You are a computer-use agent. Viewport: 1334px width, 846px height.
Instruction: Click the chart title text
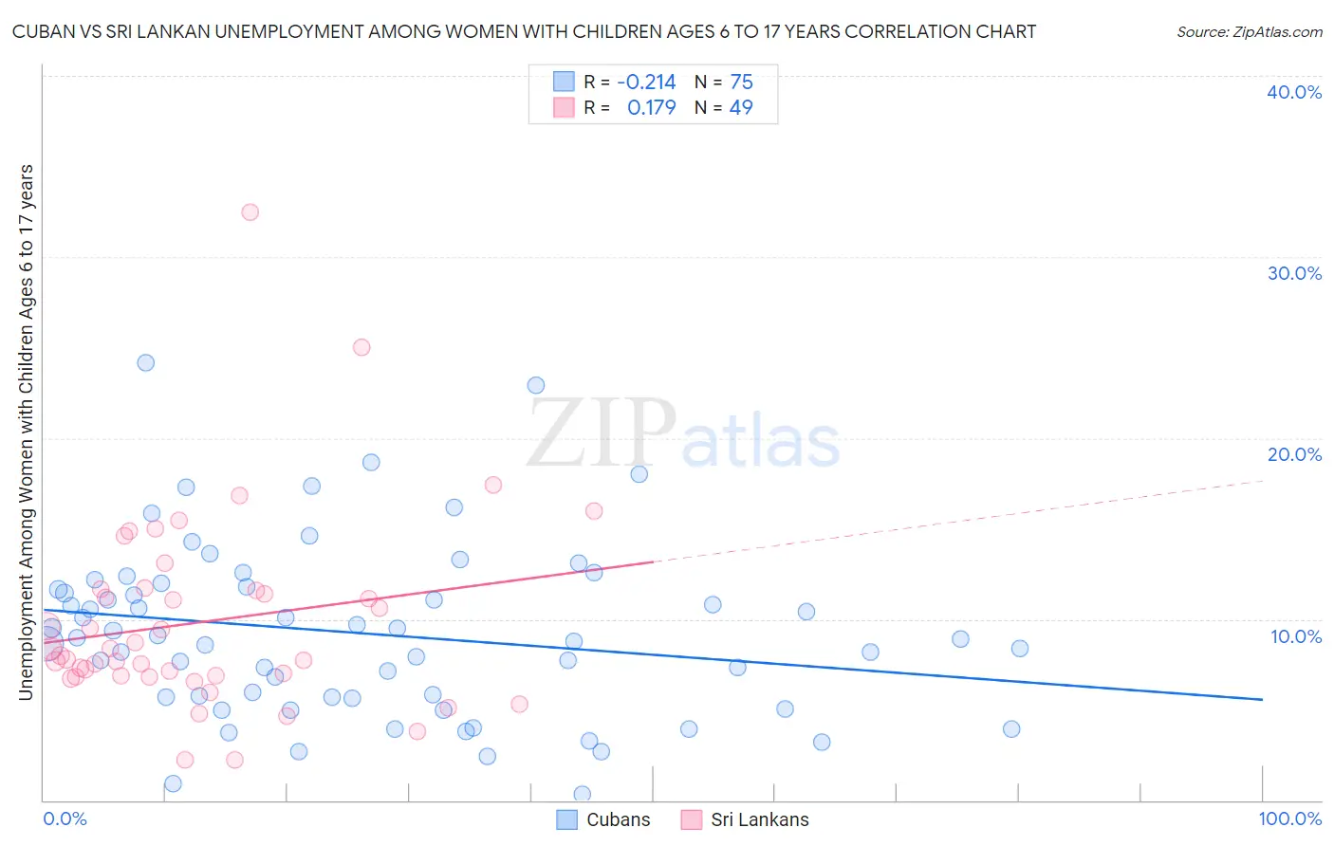tap(524, 32)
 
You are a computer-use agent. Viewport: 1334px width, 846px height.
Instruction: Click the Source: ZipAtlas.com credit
tap(1249, 32)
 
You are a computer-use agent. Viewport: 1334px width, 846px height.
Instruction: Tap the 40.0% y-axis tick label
tap(1294, 92)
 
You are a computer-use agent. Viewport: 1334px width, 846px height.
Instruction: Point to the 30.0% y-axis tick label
tap(1294, 273)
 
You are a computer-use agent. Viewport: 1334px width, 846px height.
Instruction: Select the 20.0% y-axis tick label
tap(1294, 454)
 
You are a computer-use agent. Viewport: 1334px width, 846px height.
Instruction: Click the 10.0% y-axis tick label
tap(1296, 636)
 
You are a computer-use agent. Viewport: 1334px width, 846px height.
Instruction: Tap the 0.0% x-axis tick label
tap(65, 818)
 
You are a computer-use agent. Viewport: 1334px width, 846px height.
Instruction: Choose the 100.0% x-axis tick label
tap(1289, 818)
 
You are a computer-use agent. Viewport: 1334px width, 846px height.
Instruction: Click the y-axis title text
tap(26, 432)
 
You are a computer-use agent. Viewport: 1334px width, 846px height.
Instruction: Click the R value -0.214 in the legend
tap(646, 83)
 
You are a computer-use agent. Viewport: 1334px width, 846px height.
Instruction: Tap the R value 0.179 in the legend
tap(651, 108)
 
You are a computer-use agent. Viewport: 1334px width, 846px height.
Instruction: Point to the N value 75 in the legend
tap(741, 83)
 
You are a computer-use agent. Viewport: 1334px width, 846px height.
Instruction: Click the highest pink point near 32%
tap(250, 212)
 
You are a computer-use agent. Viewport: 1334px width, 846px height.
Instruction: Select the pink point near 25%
tap(361, 347)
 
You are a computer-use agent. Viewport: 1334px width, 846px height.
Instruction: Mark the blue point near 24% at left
tap(145, 362)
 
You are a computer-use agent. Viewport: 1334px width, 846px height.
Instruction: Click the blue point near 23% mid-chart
tap(536, 385)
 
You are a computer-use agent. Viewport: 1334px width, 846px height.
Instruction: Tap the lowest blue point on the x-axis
tap(583, 794)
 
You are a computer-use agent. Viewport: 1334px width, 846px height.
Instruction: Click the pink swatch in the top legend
tap(565, 108)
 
